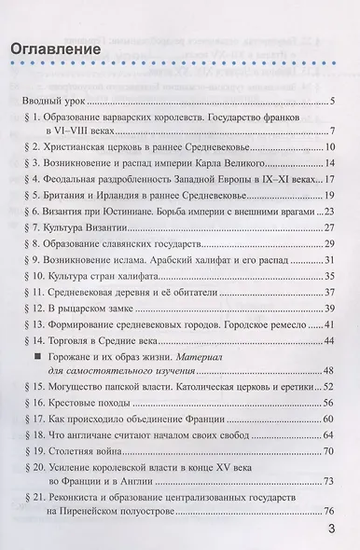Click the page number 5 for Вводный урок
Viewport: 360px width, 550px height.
333,100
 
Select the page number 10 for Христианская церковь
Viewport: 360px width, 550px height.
330,147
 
